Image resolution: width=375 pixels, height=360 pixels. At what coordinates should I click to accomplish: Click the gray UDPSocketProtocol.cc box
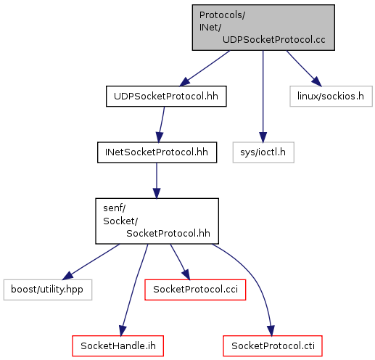[263, 28]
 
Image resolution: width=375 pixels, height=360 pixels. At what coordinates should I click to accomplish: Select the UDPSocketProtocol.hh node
[166, 97]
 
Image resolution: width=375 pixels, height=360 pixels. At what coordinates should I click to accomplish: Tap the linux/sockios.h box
[331, 97]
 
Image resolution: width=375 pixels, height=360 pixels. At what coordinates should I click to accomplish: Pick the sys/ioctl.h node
[263, 152]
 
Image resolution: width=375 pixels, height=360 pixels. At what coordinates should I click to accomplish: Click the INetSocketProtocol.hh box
[157, 152]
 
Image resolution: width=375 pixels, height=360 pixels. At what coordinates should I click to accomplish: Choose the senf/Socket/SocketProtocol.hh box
[157, 221]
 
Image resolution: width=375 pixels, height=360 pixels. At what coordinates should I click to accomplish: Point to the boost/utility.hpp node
[48, 290]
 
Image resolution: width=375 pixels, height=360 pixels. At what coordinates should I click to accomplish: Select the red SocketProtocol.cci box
[195, 290]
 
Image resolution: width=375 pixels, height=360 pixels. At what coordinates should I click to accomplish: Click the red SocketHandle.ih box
[118, 346]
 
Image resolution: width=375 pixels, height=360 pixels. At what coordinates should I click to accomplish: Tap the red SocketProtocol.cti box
[273, 346]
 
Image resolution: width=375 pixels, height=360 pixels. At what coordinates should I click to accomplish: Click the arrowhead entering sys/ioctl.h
[263, 137]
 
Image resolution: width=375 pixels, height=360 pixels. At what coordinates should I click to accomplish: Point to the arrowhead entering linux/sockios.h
[317, 81]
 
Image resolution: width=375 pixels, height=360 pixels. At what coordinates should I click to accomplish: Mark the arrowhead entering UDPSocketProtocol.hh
[185, 82]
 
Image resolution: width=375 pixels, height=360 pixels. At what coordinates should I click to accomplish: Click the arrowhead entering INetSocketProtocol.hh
[159, 137]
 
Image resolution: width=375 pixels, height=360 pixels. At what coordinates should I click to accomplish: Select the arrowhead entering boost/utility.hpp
[67, 276]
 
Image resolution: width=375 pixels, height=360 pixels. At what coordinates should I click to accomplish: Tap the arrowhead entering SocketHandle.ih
[123, 331]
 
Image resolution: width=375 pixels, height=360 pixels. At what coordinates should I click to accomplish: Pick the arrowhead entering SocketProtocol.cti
[271, 331]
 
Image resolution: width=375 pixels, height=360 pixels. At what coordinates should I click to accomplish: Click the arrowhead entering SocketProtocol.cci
[186, 275]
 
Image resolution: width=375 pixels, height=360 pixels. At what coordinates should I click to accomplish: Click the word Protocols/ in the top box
[222, 15]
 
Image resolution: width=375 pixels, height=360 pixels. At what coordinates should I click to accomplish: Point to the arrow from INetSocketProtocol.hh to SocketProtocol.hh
[157, 181]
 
